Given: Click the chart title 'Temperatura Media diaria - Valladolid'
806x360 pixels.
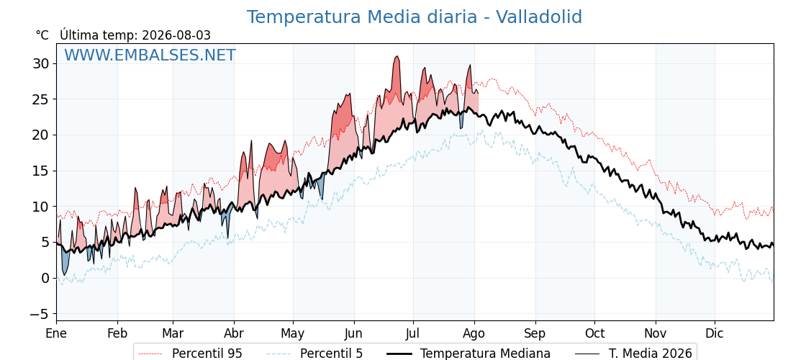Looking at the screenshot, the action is [415, 17].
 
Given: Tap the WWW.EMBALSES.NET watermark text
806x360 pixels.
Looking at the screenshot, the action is [150, 55].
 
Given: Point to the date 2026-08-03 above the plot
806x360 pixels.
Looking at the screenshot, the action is [176, 35].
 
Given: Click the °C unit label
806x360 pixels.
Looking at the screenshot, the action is [42, 35].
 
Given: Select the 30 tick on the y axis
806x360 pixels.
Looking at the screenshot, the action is [42, 63].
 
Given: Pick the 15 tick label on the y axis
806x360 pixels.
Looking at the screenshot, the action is [42, 171].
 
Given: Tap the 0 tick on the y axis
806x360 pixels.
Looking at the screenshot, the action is [46, 278].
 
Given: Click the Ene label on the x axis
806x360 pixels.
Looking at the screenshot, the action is [56, 333].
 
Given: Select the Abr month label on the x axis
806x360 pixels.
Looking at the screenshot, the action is [234, 333].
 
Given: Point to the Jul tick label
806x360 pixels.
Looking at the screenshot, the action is [413, 333].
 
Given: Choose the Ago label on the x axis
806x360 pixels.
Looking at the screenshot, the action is [474, 334].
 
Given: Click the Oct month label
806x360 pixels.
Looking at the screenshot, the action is [594, 333].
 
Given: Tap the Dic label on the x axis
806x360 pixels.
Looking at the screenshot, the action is [715, 333].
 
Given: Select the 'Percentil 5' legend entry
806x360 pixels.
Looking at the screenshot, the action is [315, 354].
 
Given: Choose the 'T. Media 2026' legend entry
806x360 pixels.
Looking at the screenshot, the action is [633, 354].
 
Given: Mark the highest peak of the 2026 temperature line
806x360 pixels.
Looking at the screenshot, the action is [397, 56].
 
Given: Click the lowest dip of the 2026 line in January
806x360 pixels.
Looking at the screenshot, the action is [64, 274].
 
